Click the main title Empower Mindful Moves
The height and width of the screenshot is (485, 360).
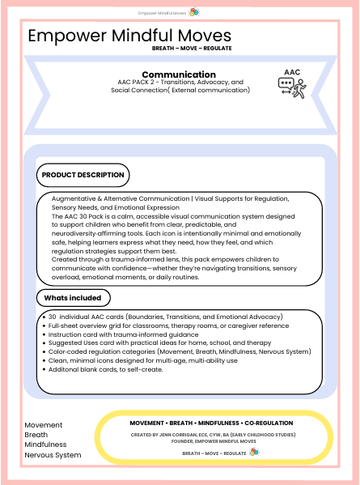[x=129, y=36]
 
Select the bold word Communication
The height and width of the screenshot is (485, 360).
[x=178, y=74]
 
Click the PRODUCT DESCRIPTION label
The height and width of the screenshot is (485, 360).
[x=83, y=175]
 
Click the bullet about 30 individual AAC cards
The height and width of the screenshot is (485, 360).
[x=165, y=316]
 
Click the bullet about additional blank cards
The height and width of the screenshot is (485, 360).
[x=106, y=369]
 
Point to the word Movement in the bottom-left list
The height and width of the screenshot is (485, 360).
[x=43, y=425]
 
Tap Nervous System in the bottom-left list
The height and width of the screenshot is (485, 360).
[x=53, y=455]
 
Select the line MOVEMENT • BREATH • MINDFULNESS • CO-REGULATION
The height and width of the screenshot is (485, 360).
[x=212, y=423]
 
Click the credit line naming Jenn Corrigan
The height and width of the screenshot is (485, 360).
[x=212, y=437]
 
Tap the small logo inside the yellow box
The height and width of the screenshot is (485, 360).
[x=254, y=452]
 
